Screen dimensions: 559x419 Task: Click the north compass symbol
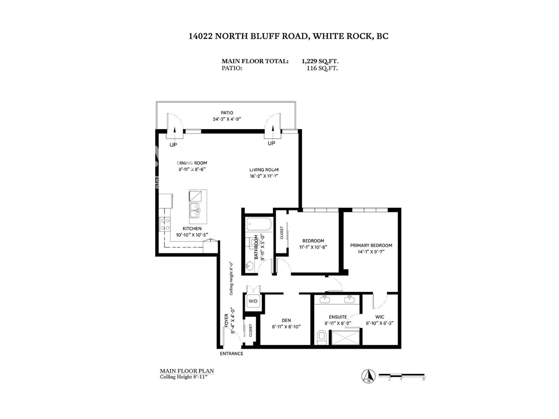pos(368,376)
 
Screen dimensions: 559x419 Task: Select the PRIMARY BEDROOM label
pos(371,245)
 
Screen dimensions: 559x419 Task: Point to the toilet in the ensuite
pos(322,337)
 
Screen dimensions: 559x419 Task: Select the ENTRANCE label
pos(232,353)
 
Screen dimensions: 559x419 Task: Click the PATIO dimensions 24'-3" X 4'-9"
pos(227,119)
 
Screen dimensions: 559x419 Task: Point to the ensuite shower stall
pos(345,337)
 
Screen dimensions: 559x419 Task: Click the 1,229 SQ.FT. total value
pos(320,61)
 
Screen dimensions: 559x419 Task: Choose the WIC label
pos(380,317)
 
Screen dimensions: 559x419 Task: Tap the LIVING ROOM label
pos(264,169)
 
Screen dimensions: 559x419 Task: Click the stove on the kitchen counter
pos(165,224)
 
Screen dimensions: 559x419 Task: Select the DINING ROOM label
pos(192,163)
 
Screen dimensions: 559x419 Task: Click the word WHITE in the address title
pos(327,36)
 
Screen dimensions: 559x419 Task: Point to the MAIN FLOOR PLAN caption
pos(187,371)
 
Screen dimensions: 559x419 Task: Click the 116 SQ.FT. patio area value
pos(322,68)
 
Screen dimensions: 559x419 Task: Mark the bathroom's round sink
pos(250,267)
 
